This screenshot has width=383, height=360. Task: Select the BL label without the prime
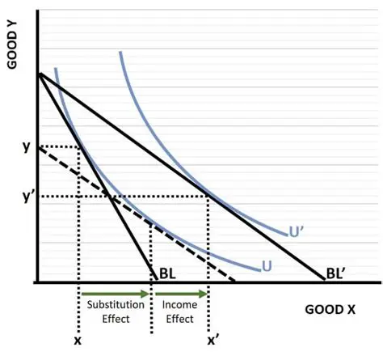pyautogui.click(x=167, y=273)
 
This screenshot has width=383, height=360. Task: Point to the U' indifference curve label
pyautogui.click(x=297, y=232)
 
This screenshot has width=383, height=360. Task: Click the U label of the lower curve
pyautogui.click(x=266, y=265)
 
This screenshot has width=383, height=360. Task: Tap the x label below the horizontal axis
pyautogui.click(x=78, y=341)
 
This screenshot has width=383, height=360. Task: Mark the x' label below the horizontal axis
pyautogui.click(x=213, y=341)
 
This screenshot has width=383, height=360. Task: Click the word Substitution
pyautogui.click(x=116, y=305)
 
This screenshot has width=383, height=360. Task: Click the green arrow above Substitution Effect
pyautogui.click(x=115, y=293)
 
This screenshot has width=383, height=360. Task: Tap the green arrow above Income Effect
pyautogui.click(x=180, y=293)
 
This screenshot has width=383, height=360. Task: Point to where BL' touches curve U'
pyautogui.click(x=208, y=196)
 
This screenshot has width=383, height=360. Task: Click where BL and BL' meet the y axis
pyautogui.click(x=37, y=74)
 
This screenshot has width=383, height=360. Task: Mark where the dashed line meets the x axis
pyautogui.click(x=235, y=282)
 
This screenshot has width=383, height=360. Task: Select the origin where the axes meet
pyautogui.click(x=37, y=282)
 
